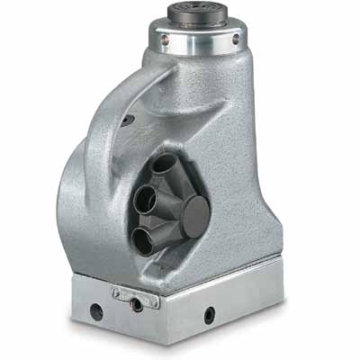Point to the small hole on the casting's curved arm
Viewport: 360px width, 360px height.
click(x=128, y=120)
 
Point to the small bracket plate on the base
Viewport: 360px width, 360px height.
click(x=136, y=296)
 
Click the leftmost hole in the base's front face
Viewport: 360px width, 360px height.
click(x=95, y=313)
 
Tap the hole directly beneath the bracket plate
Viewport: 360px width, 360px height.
click(x=137, y=306)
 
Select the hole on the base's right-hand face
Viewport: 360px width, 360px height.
click(x=209, y=315)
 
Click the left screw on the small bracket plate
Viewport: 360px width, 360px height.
click(x=117, y=292)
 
